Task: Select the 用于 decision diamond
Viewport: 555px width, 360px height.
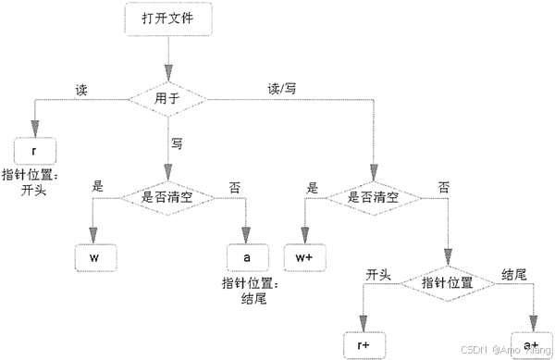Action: click(168, 94)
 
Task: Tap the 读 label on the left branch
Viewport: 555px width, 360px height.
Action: click(81, 89)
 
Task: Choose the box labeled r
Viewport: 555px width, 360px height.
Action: click(35, 149)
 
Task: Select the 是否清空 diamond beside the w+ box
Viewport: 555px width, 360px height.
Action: click(376, 196)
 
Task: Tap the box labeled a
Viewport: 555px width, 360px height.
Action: click(247, 254)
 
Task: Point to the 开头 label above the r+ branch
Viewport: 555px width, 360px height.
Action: click(379, 275)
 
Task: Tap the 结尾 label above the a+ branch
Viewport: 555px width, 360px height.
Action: click(514, 275)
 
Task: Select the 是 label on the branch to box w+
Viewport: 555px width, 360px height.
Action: click(312, 186)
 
